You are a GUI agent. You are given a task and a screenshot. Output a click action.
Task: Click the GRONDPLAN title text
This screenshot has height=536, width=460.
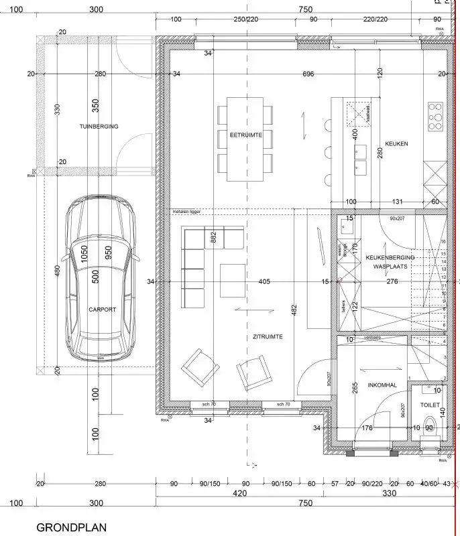click(x=71, y=527)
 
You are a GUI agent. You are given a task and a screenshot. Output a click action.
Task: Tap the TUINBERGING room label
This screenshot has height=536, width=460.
click(x=98, y=126)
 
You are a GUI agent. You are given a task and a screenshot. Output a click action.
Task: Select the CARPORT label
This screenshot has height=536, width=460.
click(x=102, y=310)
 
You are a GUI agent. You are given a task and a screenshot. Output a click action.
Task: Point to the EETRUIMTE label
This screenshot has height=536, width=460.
click(x=245, y=135)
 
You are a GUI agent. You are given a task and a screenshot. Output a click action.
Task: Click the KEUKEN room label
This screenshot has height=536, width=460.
click(x=396, y=144)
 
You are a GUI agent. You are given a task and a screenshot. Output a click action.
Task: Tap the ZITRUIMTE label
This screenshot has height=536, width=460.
click(x=258, y=336)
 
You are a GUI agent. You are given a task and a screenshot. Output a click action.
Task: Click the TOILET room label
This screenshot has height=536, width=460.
click(x=430, y=405)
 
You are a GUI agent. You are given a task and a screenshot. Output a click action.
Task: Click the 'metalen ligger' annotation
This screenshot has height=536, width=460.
click(x=186, y=212)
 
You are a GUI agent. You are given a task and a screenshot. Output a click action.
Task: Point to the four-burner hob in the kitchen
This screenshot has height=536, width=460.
click(x=435, y=115)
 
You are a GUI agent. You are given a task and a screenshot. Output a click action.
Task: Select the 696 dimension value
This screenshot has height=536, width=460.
click(x=308, y=74)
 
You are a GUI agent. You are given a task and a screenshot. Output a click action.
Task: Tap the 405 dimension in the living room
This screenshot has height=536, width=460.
click(x=264, y=282)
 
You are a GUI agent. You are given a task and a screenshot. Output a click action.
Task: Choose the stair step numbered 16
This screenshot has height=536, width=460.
click(x=443, y=242)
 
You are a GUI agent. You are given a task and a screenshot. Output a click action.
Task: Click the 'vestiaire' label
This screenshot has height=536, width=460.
click(x=373, y=339)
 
